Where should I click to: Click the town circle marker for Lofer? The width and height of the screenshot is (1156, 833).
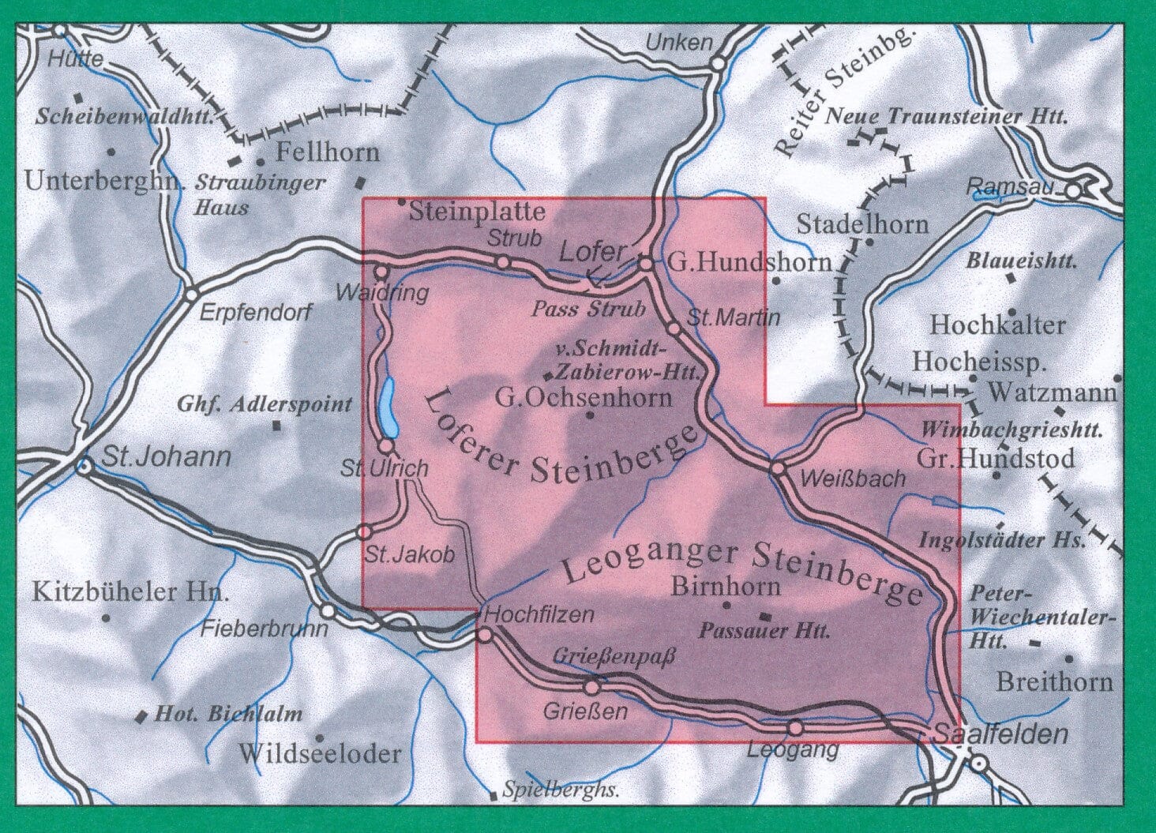645,265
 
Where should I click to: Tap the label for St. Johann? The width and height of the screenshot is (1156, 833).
166,456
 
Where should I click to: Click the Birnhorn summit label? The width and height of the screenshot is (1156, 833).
725,586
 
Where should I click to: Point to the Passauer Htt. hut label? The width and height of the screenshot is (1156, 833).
764,631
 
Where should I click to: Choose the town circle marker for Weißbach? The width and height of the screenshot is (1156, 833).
778,469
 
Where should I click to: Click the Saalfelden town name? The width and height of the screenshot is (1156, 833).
1000,734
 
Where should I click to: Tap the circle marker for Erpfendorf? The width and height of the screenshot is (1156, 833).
191,295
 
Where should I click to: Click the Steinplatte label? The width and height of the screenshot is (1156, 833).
477,212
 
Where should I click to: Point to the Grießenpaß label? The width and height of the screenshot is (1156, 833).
614,656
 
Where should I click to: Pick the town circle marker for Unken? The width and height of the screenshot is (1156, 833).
718,64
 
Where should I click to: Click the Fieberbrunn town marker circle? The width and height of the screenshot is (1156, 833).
327,610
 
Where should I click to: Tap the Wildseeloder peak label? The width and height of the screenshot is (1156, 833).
320,753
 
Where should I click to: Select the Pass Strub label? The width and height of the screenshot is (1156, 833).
588,309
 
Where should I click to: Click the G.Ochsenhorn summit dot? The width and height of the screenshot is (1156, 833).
589,414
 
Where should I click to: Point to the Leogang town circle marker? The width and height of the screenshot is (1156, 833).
795,727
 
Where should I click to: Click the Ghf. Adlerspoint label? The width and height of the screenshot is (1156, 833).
264,405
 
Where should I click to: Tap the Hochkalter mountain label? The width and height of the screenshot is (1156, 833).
997,325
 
